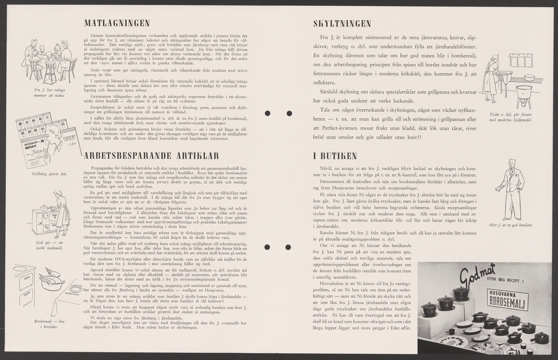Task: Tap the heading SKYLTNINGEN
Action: pyautogui.click(x=342, y=23)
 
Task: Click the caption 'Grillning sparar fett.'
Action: pyautogui.click(x=49, y=173)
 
